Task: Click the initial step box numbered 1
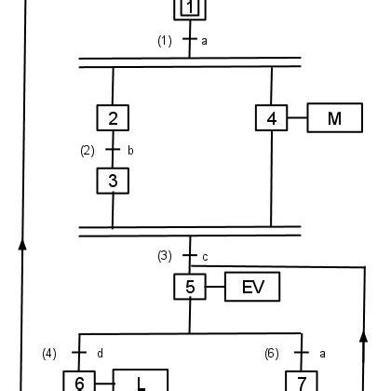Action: tap(190, 9)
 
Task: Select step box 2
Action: tap(113, 118)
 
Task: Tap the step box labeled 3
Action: tap(113, 180)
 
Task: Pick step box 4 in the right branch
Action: tap(271, 118)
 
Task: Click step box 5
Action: tap(190, 287)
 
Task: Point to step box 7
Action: tap(302, 382)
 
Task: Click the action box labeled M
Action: tap(337, 118)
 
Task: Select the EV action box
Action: tap(252, 287)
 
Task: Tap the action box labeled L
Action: tap(141, 382)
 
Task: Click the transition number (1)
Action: tap(164, 41)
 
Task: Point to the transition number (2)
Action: tap(88, 149)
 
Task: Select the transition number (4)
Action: tap(50, 353)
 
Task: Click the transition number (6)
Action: tap(271, 353)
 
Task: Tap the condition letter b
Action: tap(129, 149)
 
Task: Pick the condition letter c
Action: tap(206, 256)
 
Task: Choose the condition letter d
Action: tap(99, 353)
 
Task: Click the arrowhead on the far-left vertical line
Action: tap(22, 241)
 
